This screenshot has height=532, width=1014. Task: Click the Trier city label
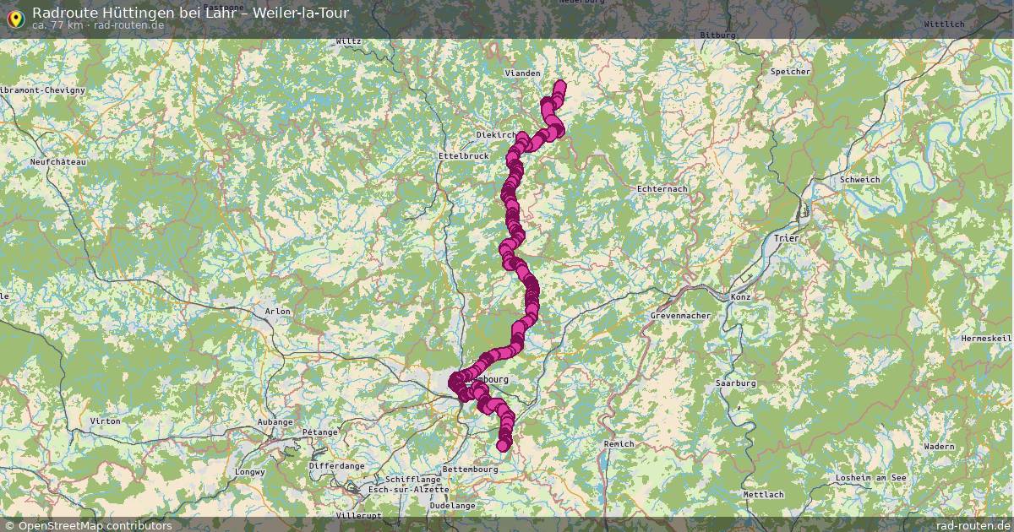(786, 239)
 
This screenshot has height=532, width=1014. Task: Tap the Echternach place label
(662, 189)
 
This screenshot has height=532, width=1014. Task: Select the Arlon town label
(277, 312)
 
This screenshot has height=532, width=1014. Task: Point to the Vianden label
(522, 73)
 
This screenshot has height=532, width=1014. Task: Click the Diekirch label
(495, 135)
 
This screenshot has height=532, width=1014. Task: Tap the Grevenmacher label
(680, 316)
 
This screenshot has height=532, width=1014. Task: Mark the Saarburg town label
(735, 383)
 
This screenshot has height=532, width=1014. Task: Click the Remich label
(619, 443)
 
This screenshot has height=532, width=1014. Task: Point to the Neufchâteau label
(58, 161)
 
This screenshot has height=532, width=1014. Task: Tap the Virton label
(105, 421)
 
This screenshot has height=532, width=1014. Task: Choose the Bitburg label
(718, 35)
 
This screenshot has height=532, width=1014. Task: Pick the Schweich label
(860, 180)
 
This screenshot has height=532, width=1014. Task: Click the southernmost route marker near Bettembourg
(504, 445)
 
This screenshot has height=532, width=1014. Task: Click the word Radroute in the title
(60, 13)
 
